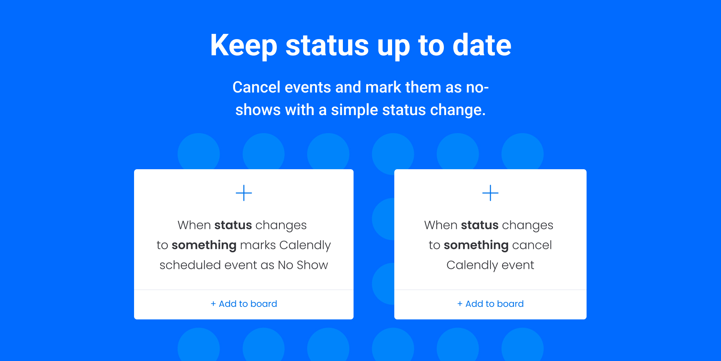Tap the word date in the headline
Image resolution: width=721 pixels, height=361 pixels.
pos(482,45)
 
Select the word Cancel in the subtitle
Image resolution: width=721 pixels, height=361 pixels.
pos(256,87)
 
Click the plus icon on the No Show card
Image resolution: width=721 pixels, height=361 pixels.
pos(244,193)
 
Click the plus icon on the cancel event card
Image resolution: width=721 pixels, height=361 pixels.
pos(490,193)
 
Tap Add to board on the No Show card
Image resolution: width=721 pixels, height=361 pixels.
pos(244,304)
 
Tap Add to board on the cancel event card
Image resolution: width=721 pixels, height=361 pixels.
pos(490,304)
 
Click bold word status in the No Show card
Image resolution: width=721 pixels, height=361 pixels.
pos(233,225)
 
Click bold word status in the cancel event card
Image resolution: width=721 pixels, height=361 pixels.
pos(480,225)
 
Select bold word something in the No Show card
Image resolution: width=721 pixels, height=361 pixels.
pos(204,246)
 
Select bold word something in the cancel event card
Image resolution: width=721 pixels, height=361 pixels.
pos(476,246)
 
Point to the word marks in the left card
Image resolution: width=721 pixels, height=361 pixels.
pos(258,245)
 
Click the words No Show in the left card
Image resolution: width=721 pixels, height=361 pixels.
pos(303,265)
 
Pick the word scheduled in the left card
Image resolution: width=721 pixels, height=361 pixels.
pos(190,265)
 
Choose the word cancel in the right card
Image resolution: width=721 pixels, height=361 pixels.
pos(532,245)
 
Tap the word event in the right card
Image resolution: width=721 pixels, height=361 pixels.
pos(518,265)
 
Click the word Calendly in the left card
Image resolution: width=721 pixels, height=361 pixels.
pos(305,246)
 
